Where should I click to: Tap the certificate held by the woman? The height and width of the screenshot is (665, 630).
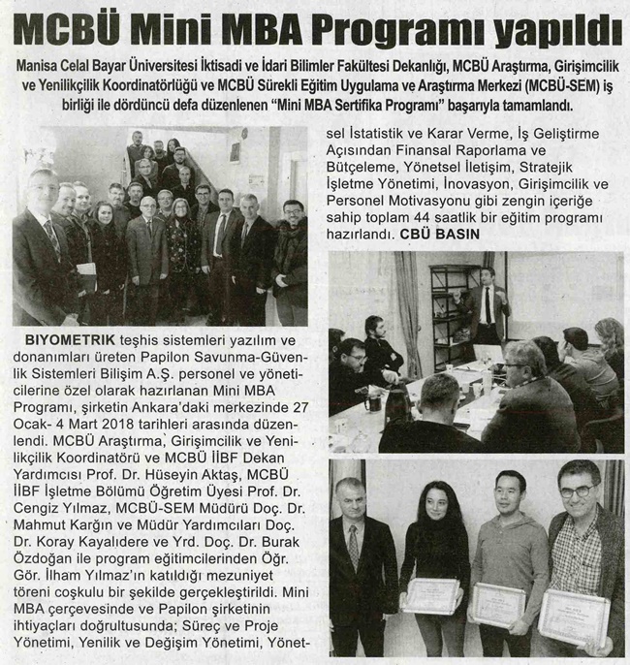pos(431,594)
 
